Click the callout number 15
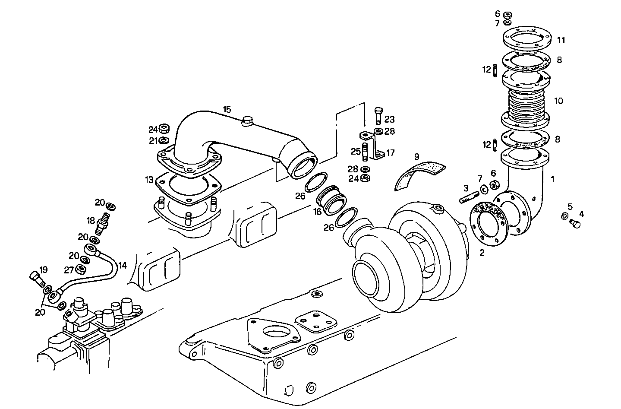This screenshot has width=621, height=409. point(227,110)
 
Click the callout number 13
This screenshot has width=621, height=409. point(149,179)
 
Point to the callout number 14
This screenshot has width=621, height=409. point(123,265)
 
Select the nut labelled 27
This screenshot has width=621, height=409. point(80,270)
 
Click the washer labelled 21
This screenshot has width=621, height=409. point(164,140)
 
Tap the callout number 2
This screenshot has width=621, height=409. point(482,253)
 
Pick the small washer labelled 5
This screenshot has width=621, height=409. point(564,216)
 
